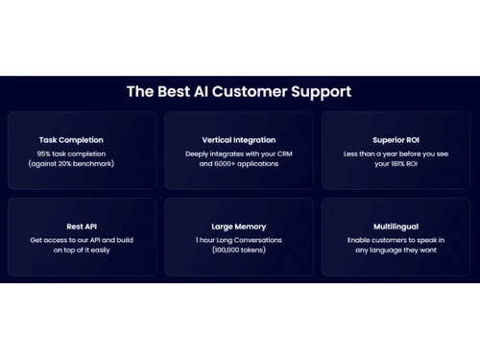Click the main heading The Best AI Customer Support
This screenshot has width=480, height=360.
pos(239,92)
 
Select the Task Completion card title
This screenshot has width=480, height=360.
pos(71,140)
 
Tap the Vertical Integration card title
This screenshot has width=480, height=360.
pos(239,140)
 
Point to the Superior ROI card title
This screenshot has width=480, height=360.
pos(396,140)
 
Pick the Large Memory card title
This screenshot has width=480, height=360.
pos(239,227)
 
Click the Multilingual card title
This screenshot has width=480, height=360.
pos(396,227)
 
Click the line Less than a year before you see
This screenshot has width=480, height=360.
pos(396,154)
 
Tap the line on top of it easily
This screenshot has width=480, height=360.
pos(72,252)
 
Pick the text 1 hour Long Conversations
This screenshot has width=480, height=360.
pos(239,240)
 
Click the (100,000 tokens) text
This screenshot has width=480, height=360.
pos(239,252)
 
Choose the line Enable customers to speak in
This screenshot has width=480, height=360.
pos(396,240)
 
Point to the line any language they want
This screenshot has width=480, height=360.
pos(396,252)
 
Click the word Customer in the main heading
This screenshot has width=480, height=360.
pos(252,92)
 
